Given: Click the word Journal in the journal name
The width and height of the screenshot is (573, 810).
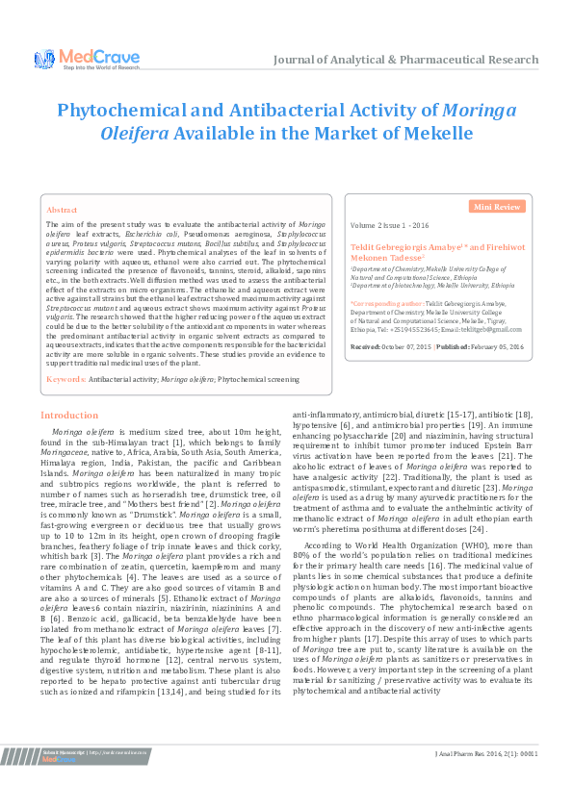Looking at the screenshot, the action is coord(299,60).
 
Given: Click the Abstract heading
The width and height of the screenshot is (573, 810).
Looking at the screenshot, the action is coord(62,209).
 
